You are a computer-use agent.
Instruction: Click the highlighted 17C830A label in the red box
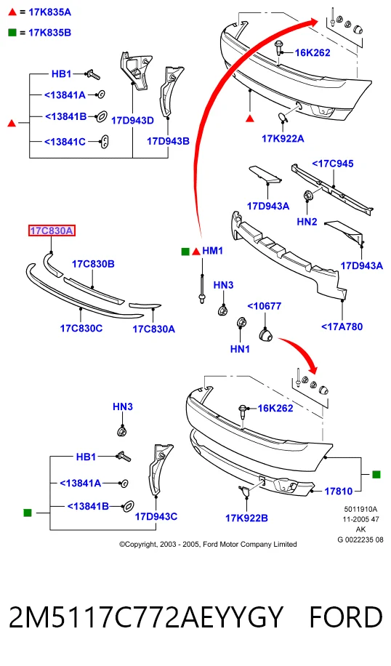pos(52,231)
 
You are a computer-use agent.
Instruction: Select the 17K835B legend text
pos(49,33)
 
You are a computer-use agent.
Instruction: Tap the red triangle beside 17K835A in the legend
pos(12,12)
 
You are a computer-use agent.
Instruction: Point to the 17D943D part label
pos(132,121)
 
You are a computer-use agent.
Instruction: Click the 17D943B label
pos(168,141)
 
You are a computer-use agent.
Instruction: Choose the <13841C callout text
pos(65,142)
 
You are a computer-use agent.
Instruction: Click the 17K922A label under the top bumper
pos(283,138)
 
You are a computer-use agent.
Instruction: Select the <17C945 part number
pos(332,164)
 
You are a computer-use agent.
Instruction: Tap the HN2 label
pos(307,222)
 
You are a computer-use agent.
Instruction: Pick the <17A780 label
pos(342,326)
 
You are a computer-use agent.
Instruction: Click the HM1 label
pos(213,251)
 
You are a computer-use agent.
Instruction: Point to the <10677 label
pos(264,306)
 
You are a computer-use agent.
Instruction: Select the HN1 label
pos(240,349)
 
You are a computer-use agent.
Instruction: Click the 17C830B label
pos(93,264)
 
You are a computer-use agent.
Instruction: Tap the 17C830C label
pos(81,329)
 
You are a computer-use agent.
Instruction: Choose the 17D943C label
pos(156,516)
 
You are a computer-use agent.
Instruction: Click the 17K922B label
pos(246,518)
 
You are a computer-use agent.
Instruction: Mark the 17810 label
pos(339,492)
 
